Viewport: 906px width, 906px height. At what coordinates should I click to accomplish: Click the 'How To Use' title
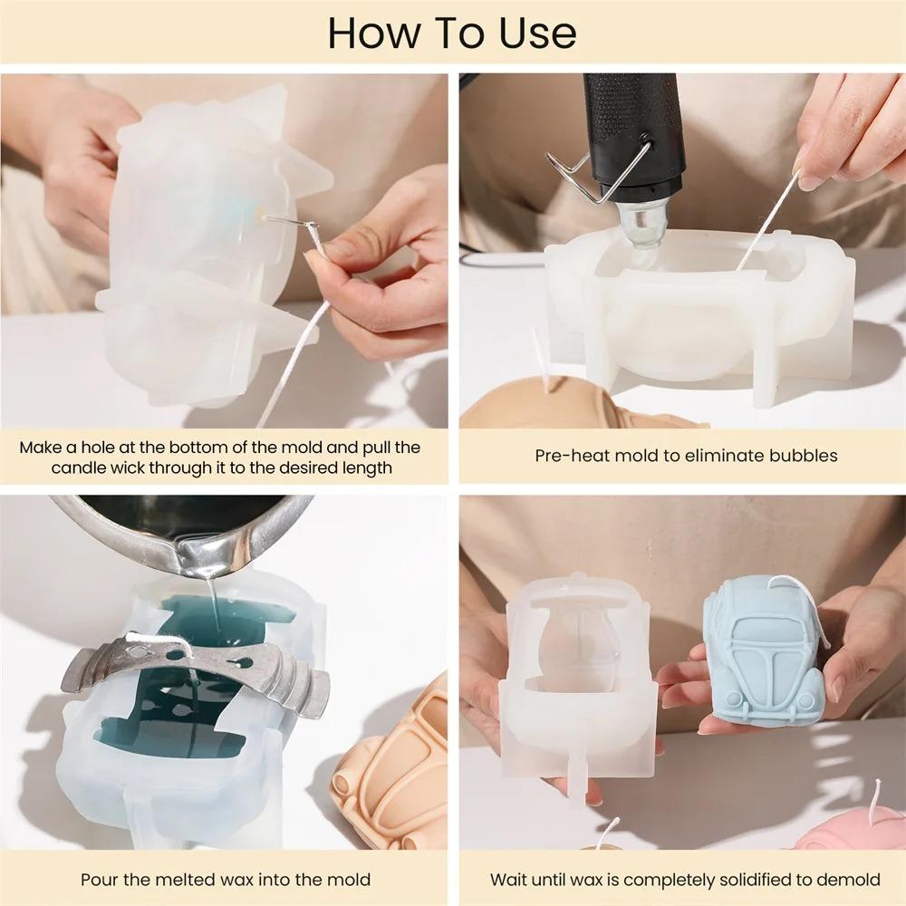(452, 33)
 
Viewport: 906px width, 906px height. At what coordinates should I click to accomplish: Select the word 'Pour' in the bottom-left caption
(100, 879)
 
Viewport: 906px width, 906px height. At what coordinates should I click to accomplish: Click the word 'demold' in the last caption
(850, 879)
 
